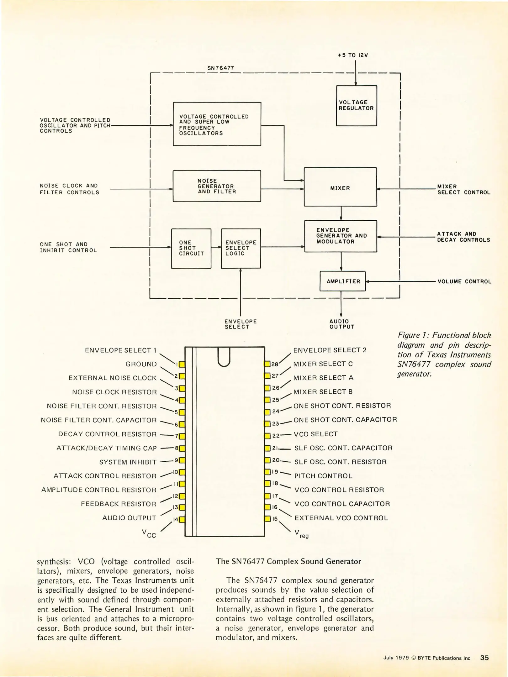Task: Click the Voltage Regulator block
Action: pos(356,106)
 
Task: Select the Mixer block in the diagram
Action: pos(340,187)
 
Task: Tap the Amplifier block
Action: pos(343,281)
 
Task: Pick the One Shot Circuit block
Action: pos(191,248)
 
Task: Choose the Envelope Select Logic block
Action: pos(241,248)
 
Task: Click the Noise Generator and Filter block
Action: pos(217,186)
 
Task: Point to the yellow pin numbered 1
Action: pos(182,364)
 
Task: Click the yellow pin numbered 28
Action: pos(267,364)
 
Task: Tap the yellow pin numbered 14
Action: pos(182,519)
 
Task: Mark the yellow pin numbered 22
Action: pos(267,436)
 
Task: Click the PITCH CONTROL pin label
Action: pos(323,476)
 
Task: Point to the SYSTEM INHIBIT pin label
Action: pos(128,462)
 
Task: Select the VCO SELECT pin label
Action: pos(315,434)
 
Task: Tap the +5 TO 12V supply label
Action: pos(353,55)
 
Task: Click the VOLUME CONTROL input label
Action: pos(464,281)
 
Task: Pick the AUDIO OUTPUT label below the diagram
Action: pos(342,324)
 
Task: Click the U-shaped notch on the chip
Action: pos(224,357)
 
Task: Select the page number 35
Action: pos(484,658)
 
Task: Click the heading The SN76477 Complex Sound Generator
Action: pos(288,561)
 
